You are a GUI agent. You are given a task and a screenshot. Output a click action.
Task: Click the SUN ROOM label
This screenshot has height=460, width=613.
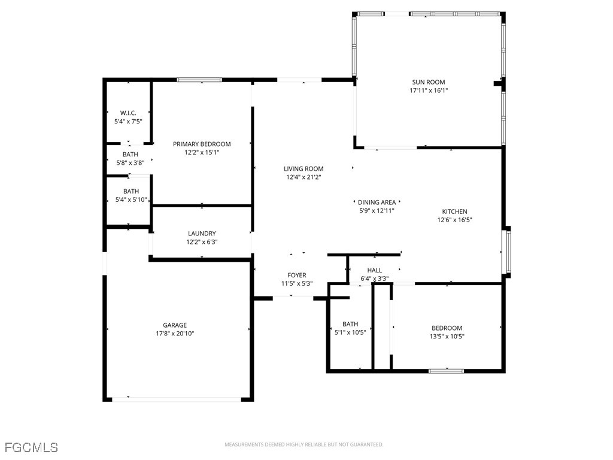click(x=428, y=83)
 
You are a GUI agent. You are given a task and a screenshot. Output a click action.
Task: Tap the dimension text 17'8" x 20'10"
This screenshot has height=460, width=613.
click(x=175, y=334)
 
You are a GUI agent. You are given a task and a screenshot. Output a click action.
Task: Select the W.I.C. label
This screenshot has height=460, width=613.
click(x=128, y=113)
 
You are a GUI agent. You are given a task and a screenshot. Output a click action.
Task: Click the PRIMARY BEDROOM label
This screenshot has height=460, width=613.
click(x=202, y=144)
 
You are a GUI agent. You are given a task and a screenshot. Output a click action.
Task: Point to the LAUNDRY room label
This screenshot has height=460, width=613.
click(x=202, y=234)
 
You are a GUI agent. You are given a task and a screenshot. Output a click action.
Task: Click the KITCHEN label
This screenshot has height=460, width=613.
click(x=454, y=211)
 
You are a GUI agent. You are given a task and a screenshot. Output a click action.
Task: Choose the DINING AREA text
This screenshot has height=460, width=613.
click(x=377, y=202)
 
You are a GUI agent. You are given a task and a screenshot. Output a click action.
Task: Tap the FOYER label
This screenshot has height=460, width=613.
click(x=297, y=276)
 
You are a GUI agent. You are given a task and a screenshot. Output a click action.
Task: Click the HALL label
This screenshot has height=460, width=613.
click(x=375, y=270)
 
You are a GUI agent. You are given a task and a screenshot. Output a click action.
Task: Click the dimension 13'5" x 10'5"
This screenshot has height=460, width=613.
click(x=447, y=337)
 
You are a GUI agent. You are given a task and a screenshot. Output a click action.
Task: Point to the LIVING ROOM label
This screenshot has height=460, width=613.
click(x=304, y=169)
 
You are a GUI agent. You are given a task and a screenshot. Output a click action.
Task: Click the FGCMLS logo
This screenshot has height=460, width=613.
click(x=31, y=447)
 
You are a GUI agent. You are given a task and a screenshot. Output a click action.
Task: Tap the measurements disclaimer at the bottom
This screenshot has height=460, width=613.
click(x=304, y=444)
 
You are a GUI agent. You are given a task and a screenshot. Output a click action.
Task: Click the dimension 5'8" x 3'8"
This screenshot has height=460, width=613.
click(x=130, y=162)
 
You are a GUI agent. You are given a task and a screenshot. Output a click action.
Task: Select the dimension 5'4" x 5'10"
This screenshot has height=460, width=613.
click(x=131, y=200)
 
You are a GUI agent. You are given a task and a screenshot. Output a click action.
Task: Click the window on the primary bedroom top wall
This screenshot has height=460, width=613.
click(x=199, y=80)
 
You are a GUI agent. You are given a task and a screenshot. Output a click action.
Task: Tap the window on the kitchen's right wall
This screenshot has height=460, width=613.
click(x=508, y=252)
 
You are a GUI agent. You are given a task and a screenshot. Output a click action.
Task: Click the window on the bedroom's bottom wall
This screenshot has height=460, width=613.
click(x=446, y=371)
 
